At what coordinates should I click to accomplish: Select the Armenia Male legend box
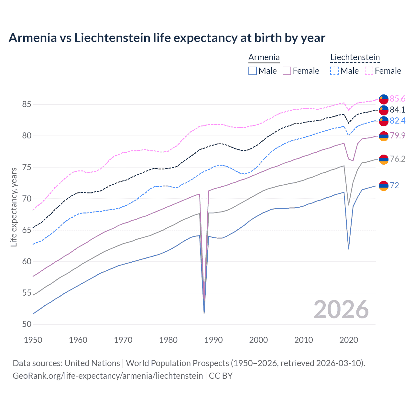[x=253, y=71]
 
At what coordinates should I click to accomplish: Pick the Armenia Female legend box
[x=287, y=71]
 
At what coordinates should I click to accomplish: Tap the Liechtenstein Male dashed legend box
[x=334, y=71]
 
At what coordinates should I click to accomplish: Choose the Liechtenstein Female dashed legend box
[x=369, y=71]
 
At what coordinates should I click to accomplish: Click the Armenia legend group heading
[x=264, y=58]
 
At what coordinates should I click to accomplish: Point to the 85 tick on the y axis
[x=27, y=104]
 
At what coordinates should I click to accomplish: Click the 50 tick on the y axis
[x=27, y=324]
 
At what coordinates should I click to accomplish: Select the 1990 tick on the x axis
[x=213, y=340]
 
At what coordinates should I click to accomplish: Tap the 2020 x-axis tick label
[x=349, y=340]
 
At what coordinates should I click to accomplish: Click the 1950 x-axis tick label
[x=33, y=340]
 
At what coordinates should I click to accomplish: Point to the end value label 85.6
[x=398, y=99]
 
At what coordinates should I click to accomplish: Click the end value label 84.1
[x=398, y=110]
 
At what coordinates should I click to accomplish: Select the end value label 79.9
[x=398, y=136]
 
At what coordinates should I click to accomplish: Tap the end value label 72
[x=394, y=185]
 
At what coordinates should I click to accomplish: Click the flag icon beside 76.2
[x=384, y=159]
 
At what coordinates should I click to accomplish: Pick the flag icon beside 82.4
[x=384, y=121]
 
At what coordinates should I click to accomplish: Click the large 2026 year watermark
[x=341, y=310]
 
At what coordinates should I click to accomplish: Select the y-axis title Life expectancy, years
[x=14, y=207]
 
